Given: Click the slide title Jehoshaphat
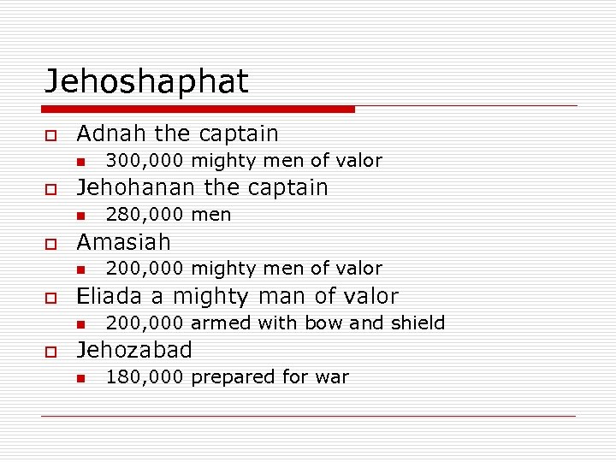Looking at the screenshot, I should coord(146,82).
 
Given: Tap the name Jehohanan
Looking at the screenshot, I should coord(137,187).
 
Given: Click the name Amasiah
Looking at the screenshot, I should coord(123,242).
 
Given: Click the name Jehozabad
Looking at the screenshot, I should coord(134,350).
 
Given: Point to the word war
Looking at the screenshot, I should coord(335,377).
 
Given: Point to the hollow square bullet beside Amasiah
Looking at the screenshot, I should coord(51,244).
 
